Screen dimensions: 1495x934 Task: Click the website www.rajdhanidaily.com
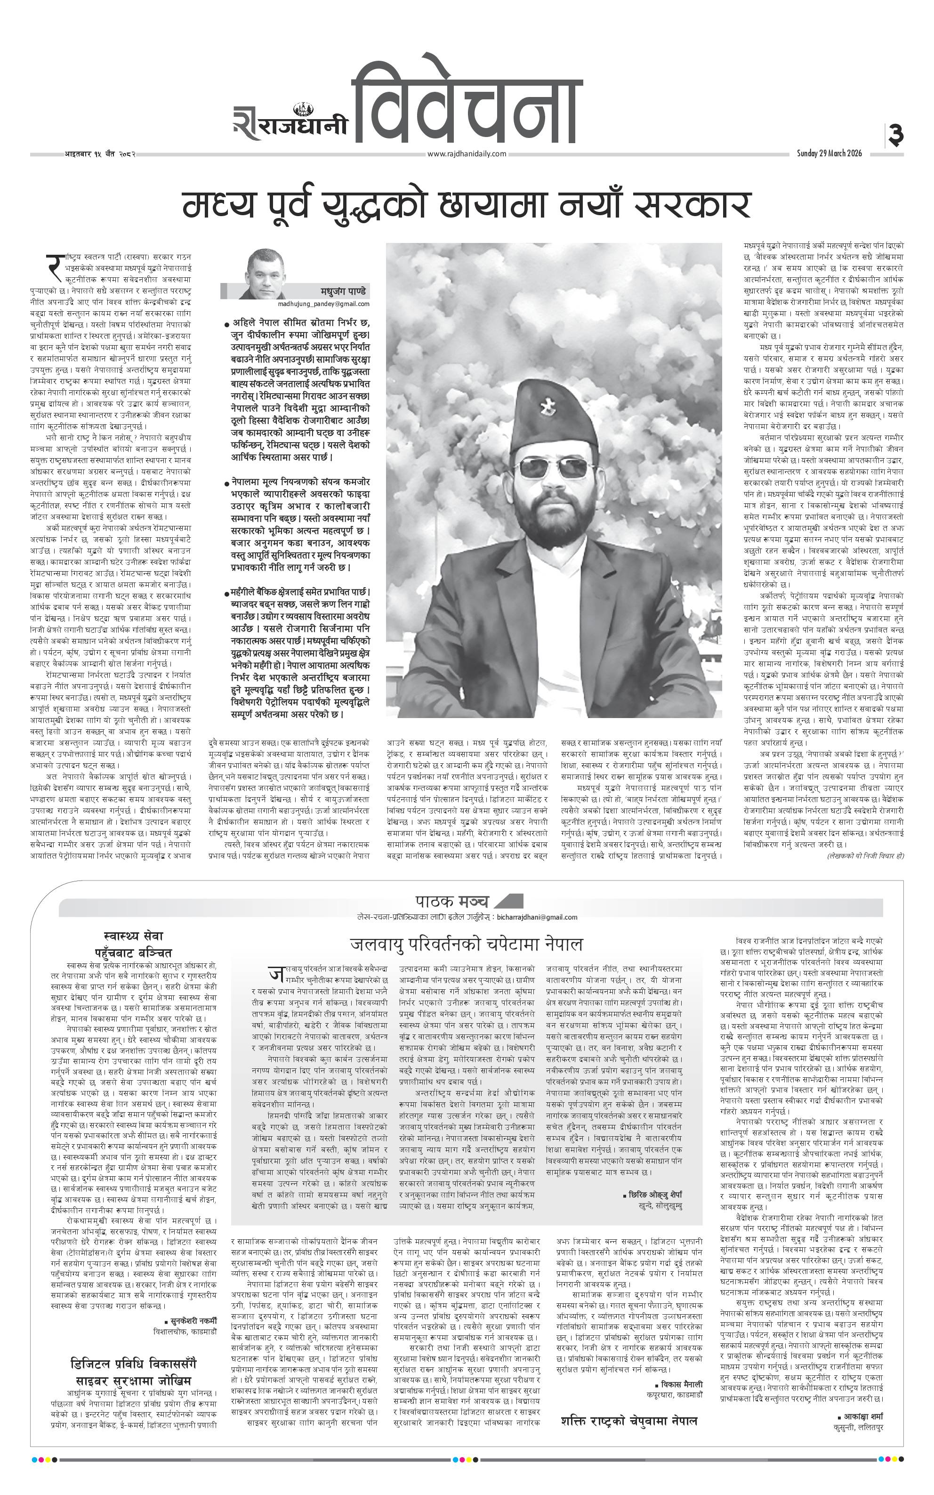click(x=467, y=154)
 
